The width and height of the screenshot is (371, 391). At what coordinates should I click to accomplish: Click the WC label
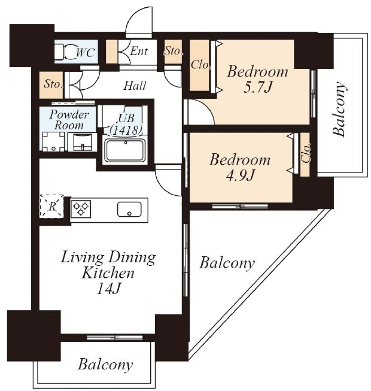point(86,53)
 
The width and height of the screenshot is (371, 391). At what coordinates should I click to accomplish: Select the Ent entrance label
point(139,51)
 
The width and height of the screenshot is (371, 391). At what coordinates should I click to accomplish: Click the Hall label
point(135,86)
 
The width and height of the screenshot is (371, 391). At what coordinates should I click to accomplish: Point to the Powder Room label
point(69,120)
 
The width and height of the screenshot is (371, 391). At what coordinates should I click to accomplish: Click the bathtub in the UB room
point(125,150)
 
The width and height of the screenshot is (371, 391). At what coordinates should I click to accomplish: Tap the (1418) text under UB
point(126,130)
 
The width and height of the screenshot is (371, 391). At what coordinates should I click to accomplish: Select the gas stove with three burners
point(81,209)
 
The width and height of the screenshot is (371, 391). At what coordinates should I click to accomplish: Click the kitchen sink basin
point(129,209)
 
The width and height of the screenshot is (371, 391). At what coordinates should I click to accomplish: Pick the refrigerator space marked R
point(52,206)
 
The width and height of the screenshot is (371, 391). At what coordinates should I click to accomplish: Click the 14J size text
point(109,289)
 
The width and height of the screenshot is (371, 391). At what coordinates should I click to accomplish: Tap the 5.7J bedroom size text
point(257,87)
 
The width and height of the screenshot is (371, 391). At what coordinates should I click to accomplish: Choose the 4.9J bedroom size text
point(240,175)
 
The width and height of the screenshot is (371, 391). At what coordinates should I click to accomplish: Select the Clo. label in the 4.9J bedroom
point(305,153)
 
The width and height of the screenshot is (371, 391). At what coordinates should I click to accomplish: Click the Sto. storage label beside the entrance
point(174,51)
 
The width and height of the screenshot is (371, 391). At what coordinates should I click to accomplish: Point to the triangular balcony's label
point(227,263)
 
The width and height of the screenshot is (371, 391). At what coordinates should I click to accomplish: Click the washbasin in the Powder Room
point(82,142)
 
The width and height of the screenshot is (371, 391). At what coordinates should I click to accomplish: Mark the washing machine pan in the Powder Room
point(53,141)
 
